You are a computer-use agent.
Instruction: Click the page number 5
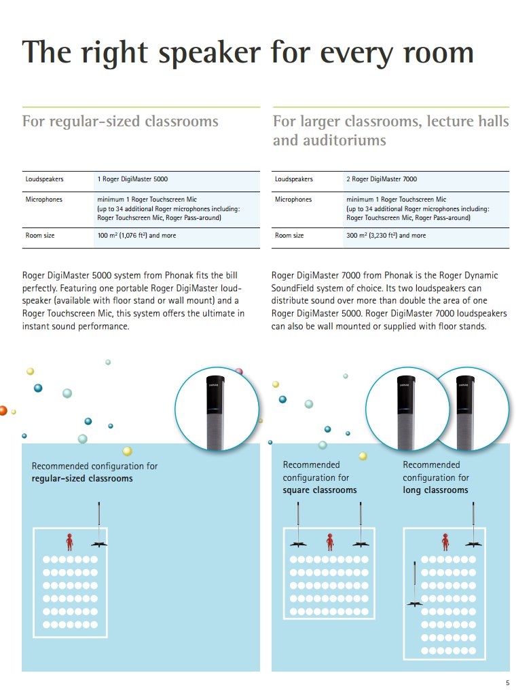(507, 682)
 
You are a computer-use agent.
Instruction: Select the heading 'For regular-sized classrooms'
(120, 122)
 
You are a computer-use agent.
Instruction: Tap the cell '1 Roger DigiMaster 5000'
(132, 179)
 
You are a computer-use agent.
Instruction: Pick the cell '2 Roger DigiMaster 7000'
(382, 179)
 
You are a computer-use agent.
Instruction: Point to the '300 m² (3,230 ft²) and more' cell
(386, 236)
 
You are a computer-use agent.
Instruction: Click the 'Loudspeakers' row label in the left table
(45, 179)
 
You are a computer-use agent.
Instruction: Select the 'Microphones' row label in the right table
(293, 200)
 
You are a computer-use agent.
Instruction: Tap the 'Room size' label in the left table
(40, 236)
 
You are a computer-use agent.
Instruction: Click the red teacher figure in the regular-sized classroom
(69, 541)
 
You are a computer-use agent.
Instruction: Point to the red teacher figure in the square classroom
(330, 541)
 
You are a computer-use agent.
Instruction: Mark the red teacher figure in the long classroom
(445, 541)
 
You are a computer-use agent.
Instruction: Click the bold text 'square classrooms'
(320, 490)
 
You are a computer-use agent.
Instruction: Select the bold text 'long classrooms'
(435, 490)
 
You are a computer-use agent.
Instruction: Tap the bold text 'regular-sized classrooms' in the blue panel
(82, 479)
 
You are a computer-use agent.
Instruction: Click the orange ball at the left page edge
(3, 410)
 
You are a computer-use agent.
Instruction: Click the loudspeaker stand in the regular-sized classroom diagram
(100, 526)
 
